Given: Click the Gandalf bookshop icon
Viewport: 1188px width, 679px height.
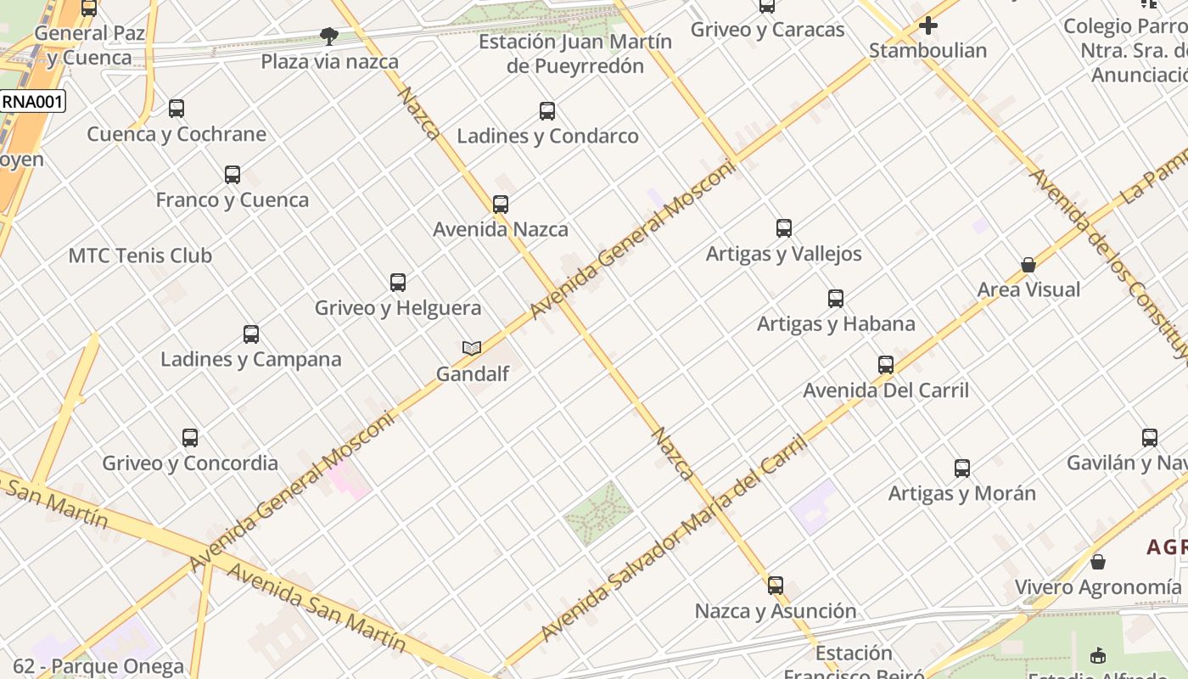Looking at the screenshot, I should [472, 348].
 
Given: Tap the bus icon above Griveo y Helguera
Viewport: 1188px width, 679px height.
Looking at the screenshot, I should [398, 283].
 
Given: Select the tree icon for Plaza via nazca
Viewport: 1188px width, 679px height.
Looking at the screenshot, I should [329, 36].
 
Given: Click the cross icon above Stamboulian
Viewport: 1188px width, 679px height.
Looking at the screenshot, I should [928, 25].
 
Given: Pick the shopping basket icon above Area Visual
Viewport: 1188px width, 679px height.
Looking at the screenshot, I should [1028, 265].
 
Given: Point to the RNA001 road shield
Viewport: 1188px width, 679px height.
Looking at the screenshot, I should [32, 102].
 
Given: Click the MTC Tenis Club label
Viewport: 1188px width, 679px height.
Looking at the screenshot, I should [140, 255].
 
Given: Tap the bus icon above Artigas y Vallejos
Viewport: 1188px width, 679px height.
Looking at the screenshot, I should [784, 228].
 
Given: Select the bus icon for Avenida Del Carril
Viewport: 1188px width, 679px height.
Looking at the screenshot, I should [886, 365].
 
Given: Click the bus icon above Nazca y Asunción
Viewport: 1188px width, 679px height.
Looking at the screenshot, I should [776, 586].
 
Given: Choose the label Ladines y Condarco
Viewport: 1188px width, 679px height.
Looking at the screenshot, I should [547, 136].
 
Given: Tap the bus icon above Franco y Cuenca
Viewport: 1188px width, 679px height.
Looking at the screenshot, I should [233, 175].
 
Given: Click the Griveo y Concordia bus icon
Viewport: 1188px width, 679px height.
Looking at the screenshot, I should [190, 438].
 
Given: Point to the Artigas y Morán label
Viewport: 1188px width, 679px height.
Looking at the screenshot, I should [961, 493].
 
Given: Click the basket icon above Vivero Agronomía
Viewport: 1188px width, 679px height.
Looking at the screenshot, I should [1098, 562].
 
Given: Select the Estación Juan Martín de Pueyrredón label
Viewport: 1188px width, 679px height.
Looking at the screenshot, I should [575, 53].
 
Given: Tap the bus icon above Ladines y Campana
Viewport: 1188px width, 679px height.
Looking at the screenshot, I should [251, 334].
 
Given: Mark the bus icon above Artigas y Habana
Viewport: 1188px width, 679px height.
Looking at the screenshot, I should [836, 299].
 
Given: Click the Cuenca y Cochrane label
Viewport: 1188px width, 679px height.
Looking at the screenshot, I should [177, 134].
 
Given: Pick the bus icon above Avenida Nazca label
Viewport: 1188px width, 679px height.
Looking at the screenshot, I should [501, 205].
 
